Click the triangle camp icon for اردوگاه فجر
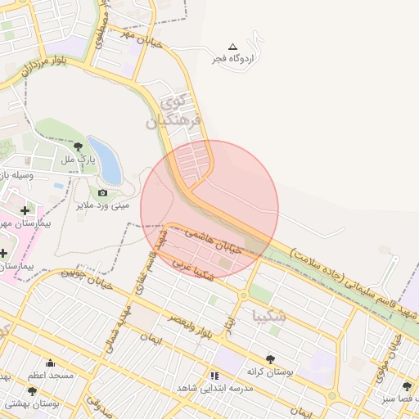pyautogui.click(x=232, y=47)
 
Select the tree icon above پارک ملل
pyautogui.click(x=78, y=146)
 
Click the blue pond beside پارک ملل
pyautogui.click(x=106, y=161)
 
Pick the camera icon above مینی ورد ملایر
pyautogui.click(x=102, y=193)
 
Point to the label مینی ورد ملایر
pyautogui.click(x=103, y=205)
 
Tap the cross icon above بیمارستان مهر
pyautogui.click(x=25, y=211)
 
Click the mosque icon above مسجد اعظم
pyautogui.click(x=50, y=364)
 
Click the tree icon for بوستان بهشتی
pyautogui.click(x=32, y=392)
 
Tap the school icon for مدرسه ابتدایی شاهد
pyautogui.click(x=214, y=376)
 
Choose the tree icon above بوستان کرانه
pyautogui.click(x=270, y=359)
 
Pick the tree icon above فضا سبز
pyautogui.click(x=407, y=386)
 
